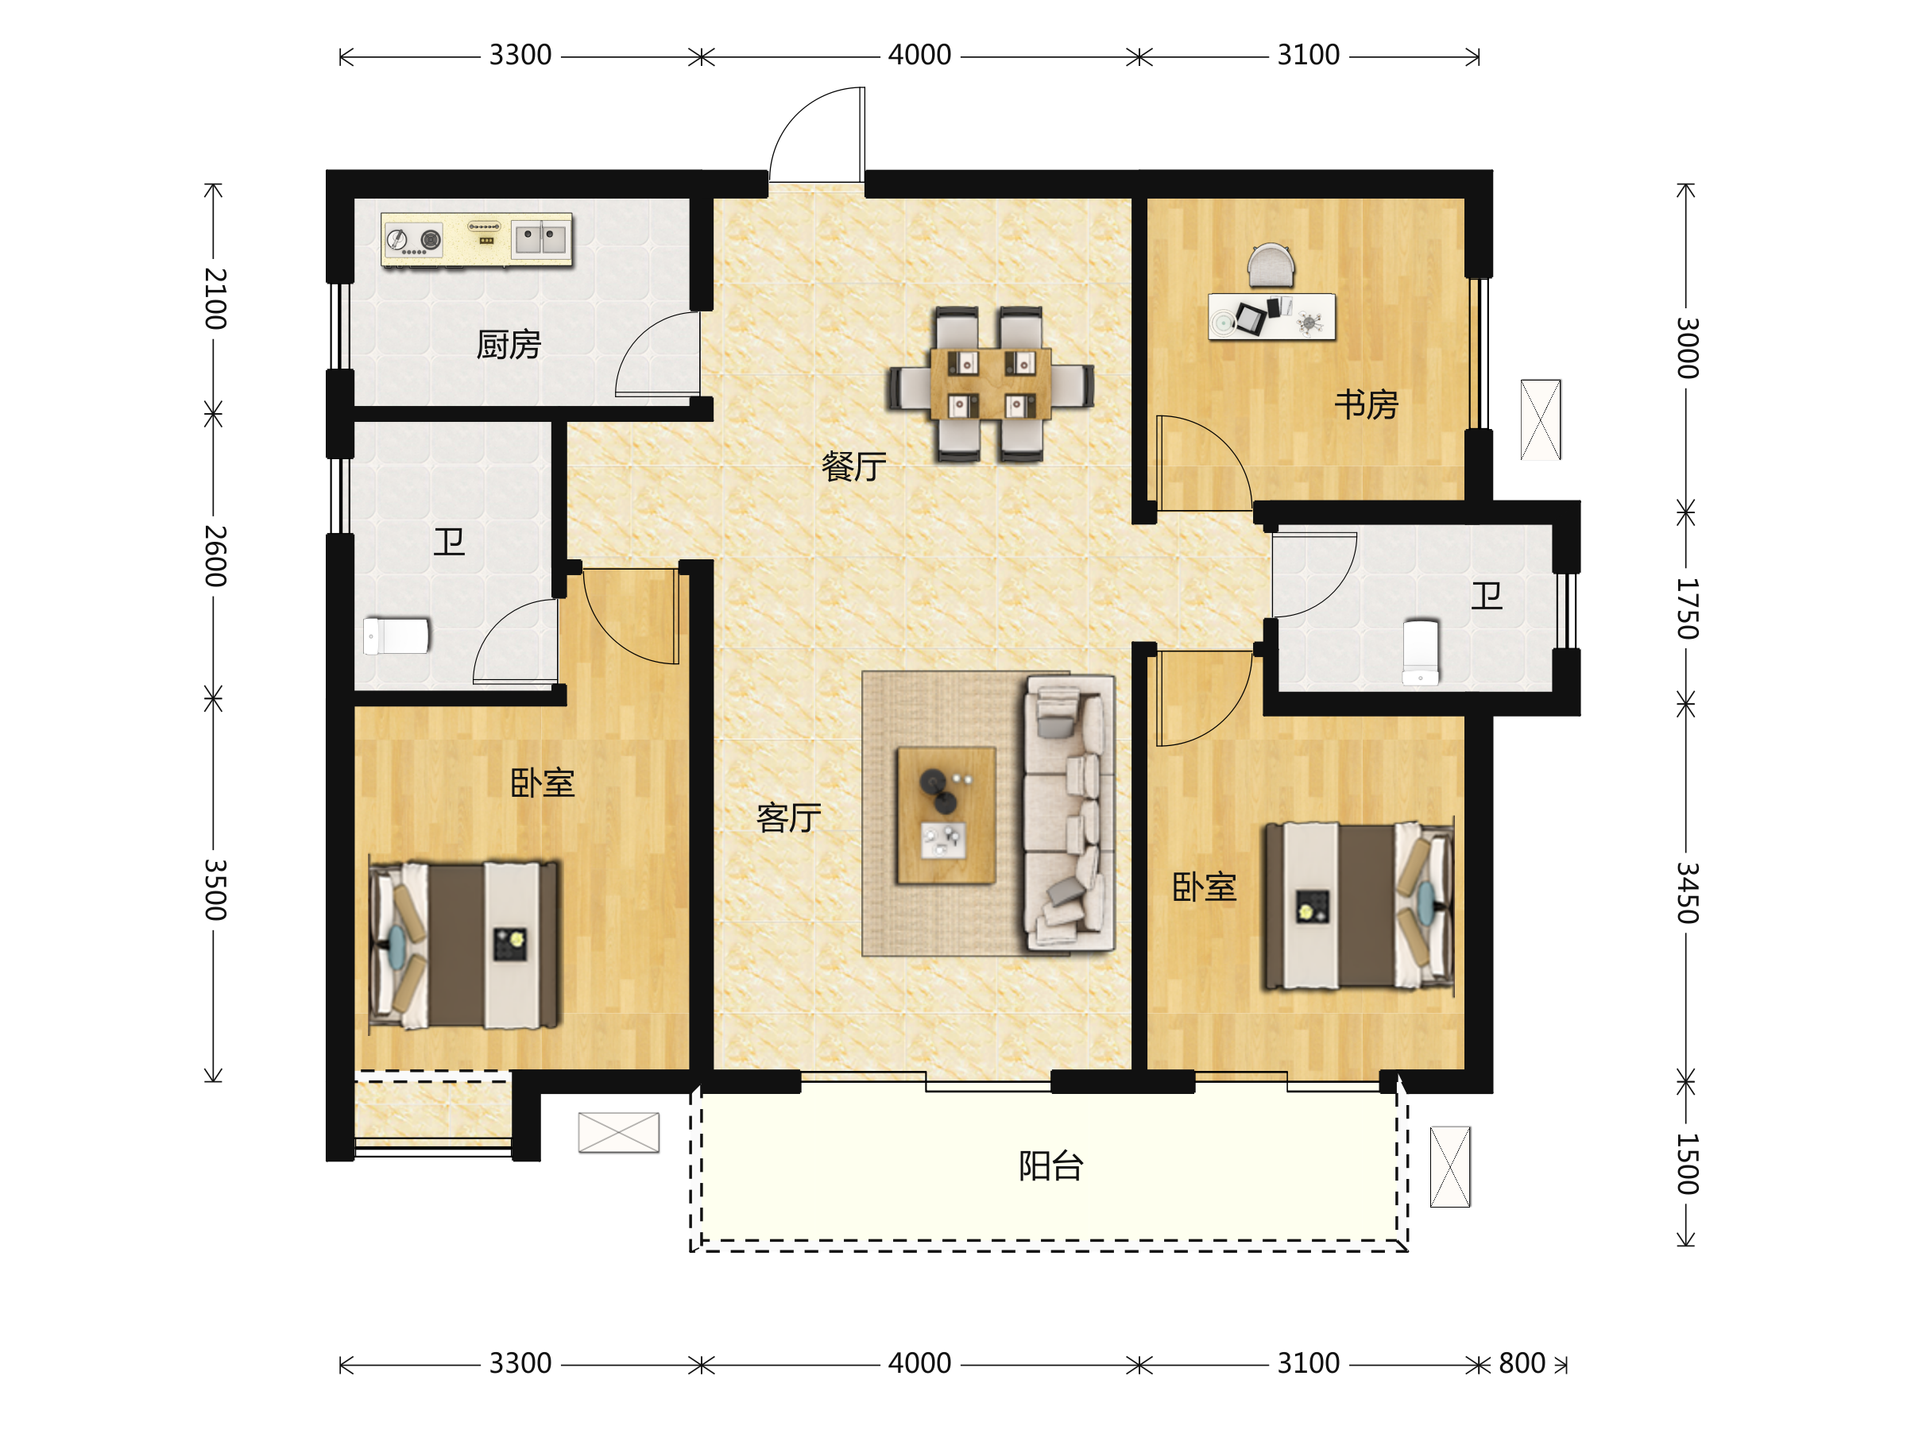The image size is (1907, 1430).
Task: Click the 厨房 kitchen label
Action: tap(509, 346)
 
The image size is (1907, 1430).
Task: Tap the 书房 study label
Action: tap(1367, 405)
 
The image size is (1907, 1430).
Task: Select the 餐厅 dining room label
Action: tap(853, 467)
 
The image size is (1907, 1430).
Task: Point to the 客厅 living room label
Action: tap(789, 818)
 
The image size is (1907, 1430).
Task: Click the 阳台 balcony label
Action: tap(1051, 1166)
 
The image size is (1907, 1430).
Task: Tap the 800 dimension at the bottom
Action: tap(1522, 1363)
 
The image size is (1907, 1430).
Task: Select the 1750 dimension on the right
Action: tap(1687, 609)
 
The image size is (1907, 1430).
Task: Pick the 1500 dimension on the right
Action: tap(1687, 1164)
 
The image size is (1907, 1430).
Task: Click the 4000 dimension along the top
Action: tap(919, 55)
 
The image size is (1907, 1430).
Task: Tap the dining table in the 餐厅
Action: tap(991, 385)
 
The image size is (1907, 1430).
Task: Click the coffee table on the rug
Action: tap(946, 815)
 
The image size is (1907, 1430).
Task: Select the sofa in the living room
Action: tap(1069, 813)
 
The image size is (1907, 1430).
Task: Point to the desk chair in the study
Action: tap(1271, 265)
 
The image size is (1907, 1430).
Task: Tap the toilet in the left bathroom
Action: tap(396, 636)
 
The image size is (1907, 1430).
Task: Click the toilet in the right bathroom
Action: tap(1420, 652)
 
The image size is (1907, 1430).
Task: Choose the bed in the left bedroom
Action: tap(465, 945)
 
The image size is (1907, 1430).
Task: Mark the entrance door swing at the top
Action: tap(816, 134)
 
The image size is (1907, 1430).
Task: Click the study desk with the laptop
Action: tap(1271, 317)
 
